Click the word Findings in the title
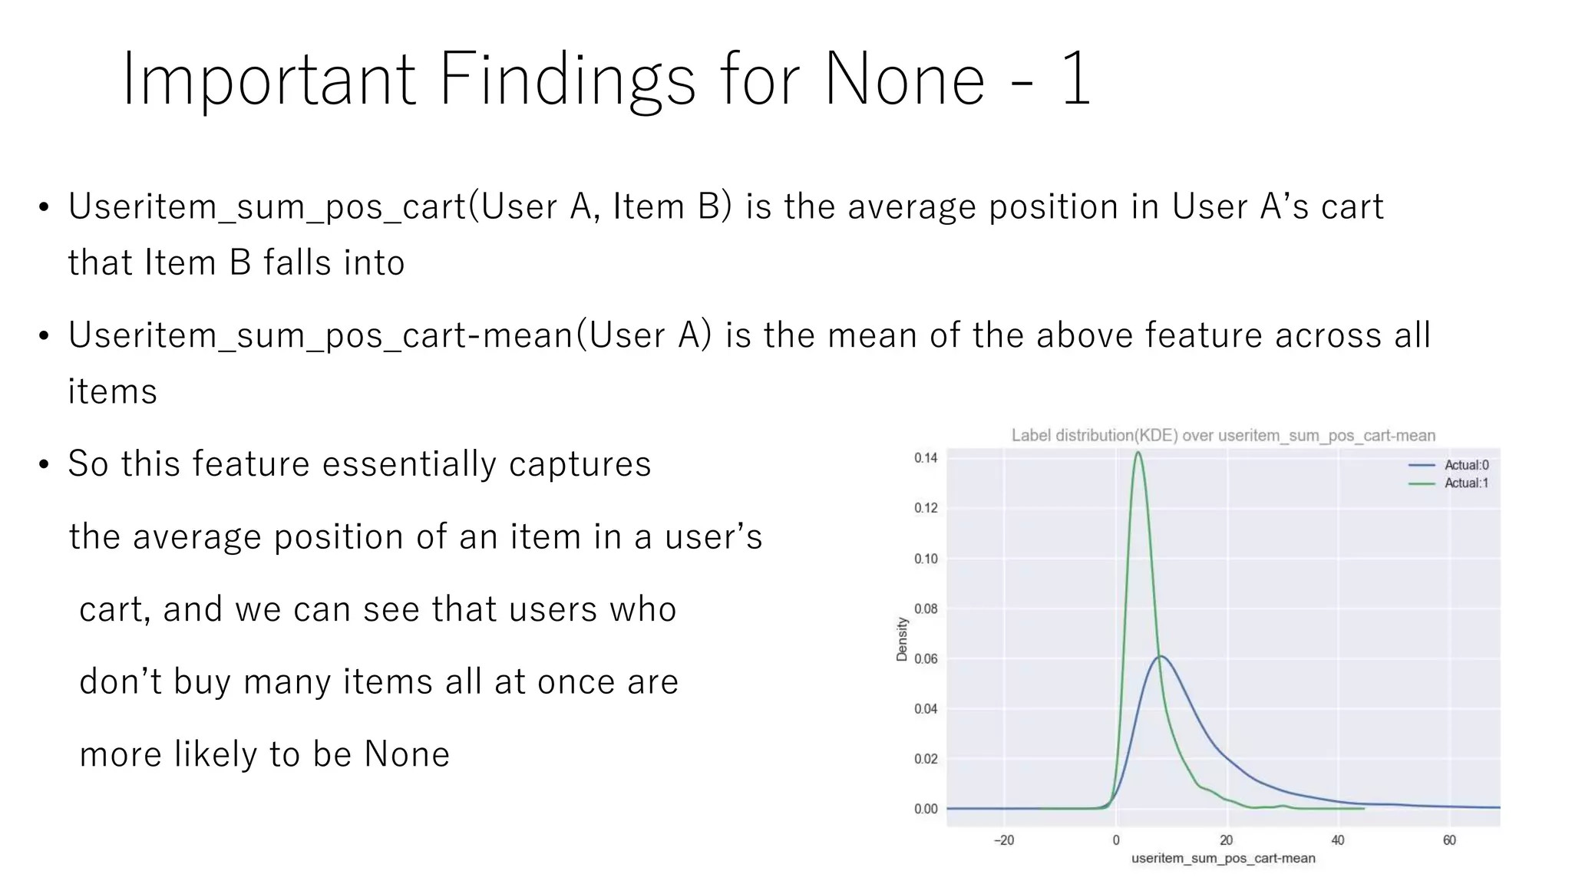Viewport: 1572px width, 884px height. point(566,79)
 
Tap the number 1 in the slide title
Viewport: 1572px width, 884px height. point(1076,79)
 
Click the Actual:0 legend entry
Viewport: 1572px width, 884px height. point(1466,465)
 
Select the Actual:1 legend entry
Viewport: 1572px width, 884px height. point(1466,483)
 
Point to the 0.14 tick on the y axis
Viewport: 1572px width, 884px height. point(926,458)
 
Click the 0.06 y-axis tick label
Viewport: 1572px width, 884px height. point(926,658)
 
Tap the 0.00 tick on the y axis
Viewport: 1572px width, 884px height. point(926,809)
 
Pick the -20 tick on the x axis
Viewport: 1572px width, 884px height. point(1004,840)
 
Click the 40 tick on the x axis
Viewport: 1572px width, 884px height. point(1338,840)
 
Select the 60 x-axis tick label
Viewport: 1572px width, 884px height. point(1449,840)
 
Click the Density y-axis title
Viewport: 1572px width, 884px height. point(902,639)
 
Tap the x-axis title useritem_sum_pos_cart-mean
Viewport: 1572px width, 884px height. point(1223,859)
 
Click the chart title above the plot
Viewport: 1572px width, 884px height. point(1223,436)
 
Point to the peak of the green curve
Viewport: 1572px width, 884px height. point(1138,453)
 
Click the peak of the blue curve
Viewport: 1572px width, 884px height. point(1161,656)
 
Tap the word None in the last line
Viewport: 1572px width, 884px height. point(406,754)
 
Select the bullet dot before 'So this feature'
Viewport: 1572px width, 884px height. point(44,465)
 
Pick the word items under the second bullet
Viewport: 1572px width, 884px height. point(112,391)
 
